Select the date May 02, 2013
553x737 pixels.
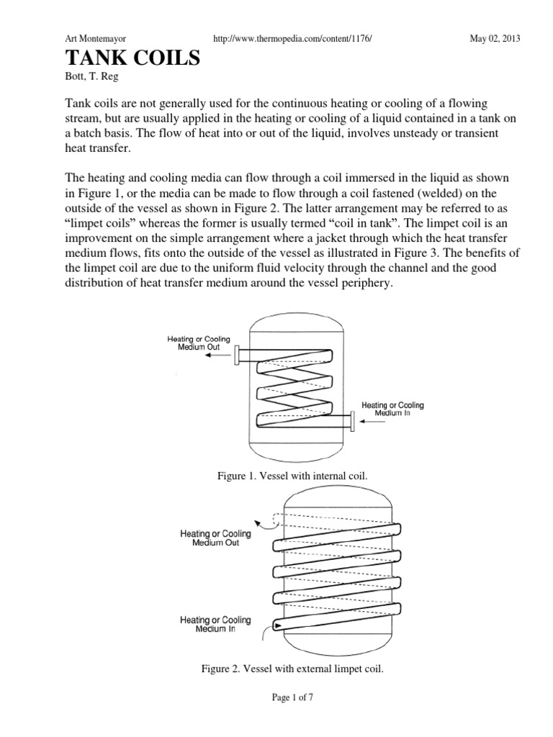click(494, 38)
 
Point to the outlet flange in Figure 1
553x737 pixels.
click(235, 355)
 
